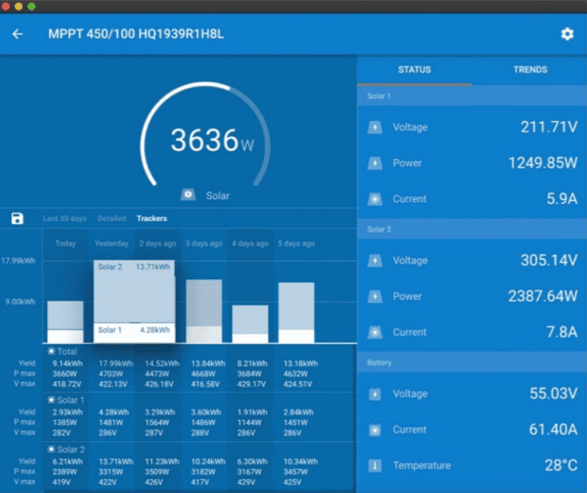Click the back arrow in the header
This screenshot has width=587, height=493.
click(x=18, y=34)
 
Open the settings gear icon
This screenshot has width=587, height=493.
click(x=567, y=34)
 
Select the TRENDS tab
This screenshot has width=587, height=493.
click(x=530, y=69)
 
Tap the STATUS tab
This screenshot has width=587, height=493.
click(x=414, y=69)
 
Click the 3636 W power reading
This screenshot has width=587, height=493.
click(x=211, y=141)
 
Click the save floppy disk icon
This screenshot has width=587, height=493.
click(x=18, y=218)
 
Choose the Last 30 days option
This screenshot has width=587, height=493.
click(x=65, y=219)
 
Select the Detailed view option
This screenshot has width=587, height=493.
click(x=111, y=219)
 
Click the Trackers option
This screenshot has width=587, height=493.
click(x=152, y=219)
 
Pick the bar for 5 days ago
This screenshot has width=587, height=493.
click(x=296, y=313)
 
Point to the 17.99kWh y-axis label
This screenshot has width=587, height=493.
click(x=19, y=261)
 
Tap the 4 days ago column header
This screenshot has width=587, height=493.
click(x=250, y=243)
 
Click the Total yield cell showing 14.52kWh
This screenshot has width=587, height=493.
click(x=157, y=364)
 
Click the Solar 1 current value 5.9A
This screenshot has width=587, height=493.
click(x=562, y=199)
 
